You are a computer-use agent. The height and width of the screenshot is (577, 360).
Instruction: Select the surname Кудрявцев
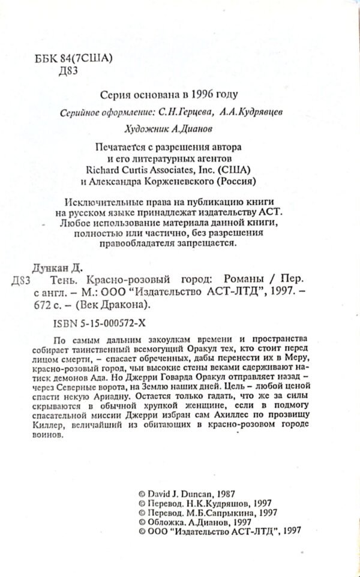coord(248,113)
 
